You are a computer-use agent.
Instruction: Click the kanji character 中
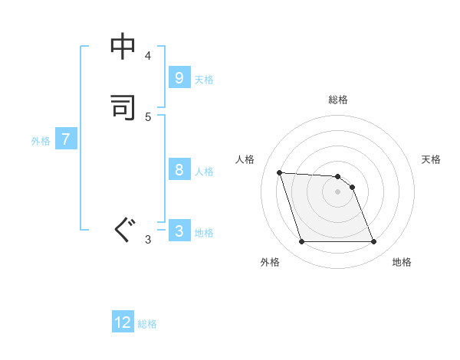point(123,47)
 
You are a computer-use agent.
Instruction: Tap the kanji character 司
point(123,108)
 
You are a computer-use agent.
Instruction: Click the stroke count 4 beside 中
point(148,56)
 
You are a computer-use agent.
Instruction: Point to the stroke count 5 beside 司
point(148,116)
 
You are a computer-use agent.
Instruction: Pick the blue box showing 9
point(179,78)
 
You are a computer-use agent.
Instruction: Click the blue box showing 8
point(179,170)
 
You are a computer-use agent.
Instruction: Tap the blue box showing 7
point(66,139)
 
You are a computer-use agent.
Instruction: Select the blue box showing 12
point(123,322)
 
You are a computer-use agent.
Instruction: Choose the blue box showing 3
point(179,231)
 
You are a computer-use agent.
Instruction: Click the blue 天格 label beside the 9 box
point(204,80)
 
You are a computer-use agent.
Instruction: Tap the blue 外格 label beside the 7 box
point(41,141)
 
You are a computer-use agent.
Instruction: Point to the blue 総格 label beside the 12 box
point(147,324)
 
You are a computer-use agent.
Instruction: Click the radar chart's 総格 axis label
point(338,100)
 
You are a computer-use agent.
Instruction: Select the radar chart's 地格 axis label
point(402,262)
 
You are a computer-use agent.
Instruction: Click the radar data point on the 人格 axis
point(279,172)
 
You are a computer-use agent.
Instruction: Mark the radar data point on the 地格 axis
point(374,242)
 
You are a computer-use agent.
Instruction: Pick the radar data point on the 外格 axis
point(301,242)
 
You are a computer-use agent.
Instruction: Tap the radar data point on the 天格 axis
point(353,187)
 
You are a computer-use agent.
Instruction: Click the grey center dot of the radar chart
point(338,191)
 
